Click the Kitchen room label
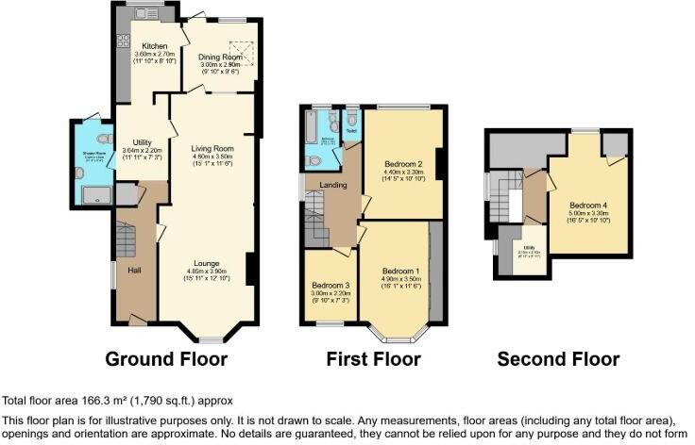155,46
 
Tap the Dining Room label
221,57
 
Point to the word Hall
136,269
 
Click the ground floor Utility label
142,139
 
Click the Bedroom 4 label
587,205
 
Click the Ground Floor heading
166,359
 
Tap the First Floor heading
373,359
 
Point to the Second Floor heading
558,359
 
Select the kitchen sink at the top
145,13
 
